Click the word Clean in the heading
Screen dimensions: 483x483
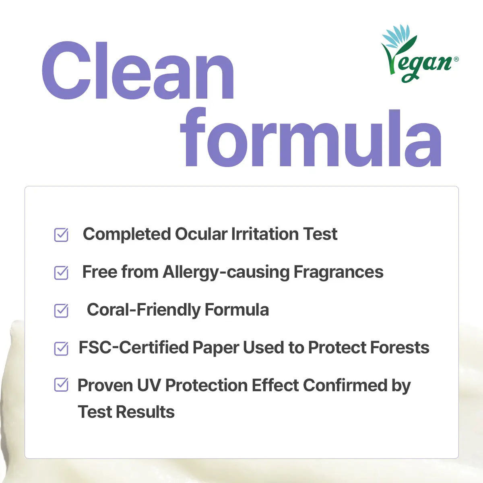(x=138, y=70)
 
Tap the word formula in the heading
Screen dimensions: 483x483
(x=311, y=137)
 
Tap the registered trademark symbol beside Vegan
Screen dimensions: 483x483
(x=456, y=59)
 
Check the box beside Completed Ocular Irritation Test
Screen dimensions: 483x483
(x=61, y=235)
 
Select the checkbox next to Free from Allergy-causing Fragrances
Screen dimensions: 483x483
(x=61, y=273)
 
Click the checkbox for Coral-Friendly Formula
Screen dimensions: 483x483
(x=61, y=311)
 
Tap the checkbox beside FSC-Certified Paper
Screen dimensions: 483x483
(x=61, y=349)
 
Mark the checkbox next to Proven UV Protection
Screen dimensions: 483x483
(x=61, y=384)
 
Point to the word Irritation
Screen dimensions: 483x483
(x=265, y=234)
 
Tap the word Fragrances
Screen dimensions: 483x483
(x=339, y=272)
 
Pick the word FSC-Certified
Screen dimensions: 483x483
(x=133, y=347)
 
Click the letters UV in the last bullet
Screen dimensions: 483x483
(x=149, y=385)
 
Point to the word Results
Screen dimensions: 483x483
(x=145, y=412)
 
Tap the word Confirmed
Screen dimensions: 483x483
(x=345, y=385)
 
